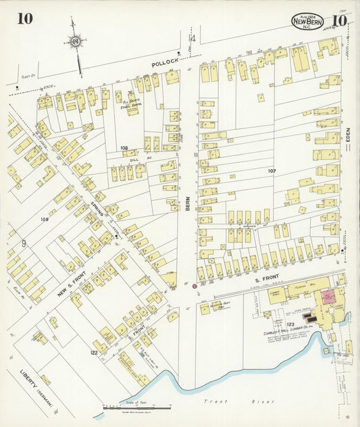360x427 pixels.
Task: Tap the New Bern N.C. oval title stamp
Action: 307,21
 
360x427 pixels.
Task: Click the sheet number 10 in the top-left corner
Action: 25,18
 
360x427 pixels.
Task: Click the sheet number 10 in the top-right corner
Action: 339,20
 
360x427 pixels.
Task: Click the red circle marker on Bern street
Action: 195,286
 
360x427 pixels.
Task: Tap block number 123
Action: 290,326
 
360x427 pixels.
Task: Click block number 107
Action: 272,171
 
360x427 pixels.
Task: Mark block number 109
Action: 45,220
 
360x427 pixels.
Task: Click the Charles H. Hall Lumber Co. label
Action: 287,333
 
